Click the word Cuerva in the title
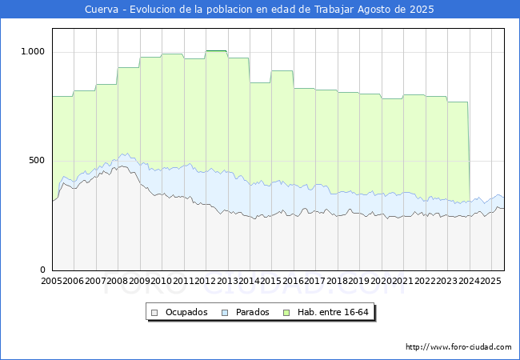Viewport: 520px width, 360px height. click(102, 10)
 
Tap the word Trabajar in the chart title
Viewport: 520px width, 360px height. click(334, 10)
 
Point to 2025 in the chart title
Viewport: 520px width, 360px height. click(422, 10)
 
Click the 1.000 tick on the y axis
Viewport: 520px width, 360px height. click(33, 51)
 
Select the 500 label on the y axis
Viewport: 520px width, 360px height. click(37, 161)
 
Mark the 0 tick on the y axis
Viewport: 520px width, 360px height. click(42, 270)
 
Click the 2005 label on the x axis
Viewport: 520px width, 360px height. click(51, 281)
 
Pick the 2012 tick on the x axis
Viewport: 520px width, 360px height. click(206, 281)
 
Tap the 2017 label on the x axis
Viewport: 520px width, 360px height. click(315, 281)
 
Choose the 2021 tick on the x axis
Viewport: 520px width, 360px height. click(403, 281)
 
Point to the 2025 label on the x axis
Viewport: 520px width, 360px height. click(491, 281)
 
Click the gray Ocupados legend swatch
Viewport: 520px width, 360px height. click(154, 313)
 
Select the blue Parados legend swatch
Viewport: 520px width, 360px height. click(225, 313)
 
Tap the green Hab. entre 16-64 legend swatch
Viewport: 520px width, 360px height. click(286, 313)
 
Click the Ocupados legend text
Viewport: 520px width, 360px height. click(186, 312)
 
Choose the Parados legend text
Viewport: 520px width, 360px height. click(252, 312)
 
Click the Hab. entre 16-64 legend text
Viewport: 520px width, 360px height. click(333, 312)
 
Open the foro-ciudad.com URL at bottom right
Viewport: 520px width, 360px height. click(458, 347)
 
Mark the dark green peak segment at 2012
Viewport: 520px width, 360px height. click(216, 50)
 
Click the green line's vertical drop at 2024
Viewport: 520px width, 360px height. click(469, 152)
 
